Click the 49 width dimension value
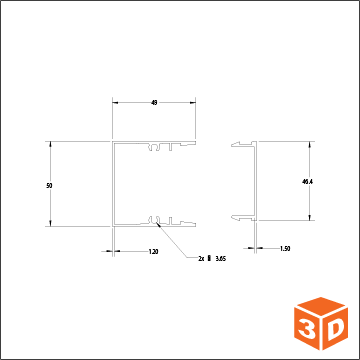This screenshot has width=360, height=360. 154,103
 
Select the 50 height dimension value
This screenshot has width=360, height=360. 49,186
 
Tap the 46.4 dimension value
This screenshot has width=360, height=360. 307,182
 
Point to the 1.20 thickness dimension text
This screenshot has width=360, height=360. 153,251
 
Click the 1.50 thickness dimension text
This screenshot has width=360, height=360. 285,248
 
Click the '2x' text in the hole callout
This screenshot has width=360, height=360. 200,259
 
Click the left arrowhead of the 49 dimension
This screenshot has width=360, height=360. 115,103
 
